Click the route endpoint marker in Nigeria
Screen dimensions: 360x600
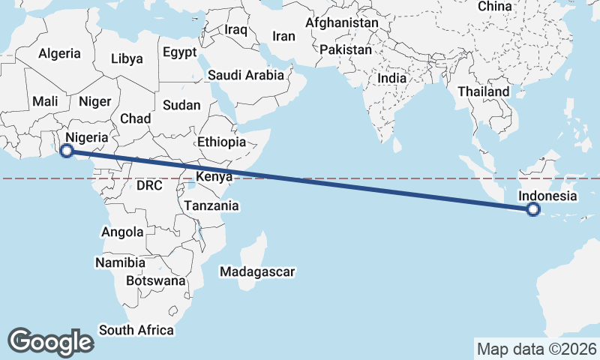click(66, 151)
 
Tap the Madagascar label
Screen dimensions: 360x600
click(258, 271)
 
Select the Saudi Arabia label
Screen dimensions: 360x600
click(246, 75)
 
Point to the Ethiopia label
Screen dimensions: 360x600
click(221, 142)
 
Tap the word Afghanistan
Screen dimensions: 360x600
click(341, 22)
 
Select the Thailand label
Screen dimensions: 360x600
click(484, 91)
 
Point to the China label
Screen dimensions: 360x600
click(494, 6)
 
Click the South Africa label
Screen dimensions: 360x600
click(136, 330)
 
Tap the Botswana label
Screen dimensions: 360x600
click(155, 280)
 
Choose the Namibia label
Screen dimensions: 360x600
click(120, 262)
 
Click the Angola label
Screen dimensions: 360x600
click(122, 232)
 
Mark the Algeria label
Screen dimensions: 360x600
click(59, 53)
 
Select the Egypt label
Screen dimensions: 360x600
click(179, 52)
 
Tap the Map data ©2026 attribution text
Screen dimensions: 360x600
click(537, 349)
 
